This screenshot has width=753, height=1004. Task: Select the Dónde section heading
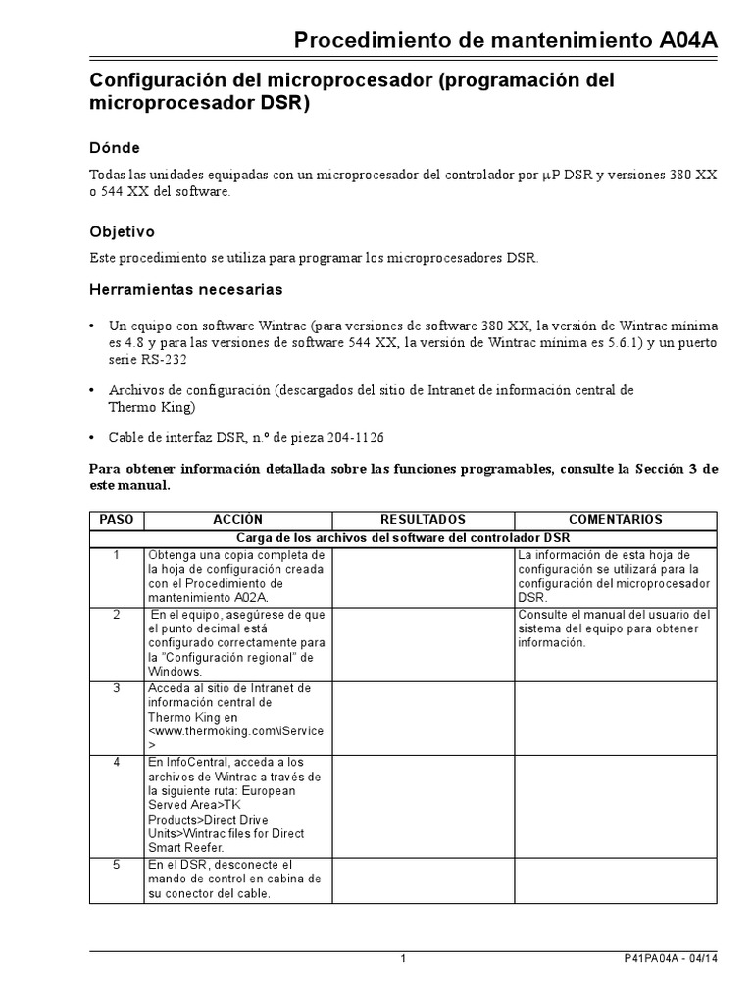(x=115, y=147)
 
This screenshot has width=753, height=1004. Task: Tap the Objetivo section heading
(x=122, y=232)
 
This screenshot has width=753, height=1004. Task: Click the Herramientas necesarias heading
(x=185, y=290)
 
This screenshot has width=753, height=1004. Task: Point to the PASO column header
(x=116, y=520)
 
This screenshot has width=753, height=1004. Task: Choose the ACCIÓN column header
(x=237, y=520)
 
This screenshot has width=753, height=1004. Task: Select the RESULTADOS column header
(x=423, y=520)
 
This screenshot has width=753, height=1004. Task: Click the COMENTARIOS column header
(x=616, y=520)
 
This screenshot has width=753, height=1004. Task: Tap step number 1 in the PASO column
(x=116, y=556)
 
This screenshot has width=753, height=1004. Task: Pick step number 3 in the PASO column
(x=116, y=688)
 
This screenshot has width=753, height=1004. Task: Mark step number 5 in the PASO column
(x=116, y=865)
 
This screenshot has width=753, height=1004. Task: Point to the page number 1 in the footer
(x=403, y=959)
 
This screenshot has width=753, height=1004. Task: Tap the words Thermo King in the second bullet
(x=152, y=406)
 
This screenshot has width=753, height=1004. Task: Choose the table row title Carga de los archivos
(x=403, y=537)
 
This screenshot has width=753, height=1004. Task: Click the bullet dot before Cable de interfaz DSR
(x=93, y=438)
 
